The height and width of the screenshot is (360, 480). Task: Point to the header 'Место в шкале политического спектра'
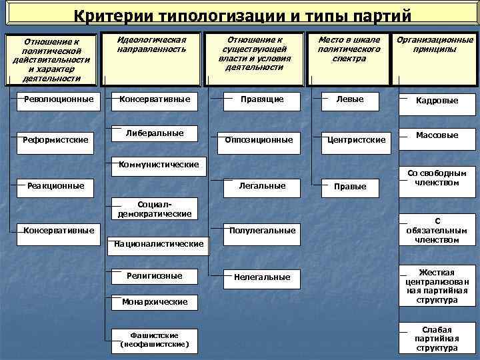[x=349, y=49]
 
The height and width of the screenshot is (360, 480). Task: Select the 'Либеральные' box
[x=155, y=133]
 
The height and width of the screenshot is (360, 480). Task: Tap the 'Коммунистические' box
[x=159, y=164]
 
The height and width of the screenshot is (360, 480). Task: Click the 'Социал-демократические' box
[x=155, y=209]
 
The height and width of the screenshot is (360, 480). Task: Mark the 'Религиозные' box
[x=155, y=275]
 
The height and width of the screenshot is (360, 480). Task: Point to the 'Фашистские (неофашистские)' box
[x=155, y=339]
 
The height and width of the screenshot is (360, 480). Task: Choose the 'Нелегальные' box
[x=262, y=277]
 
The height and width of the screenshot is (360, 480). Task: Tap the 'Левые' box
[x=350, y=99]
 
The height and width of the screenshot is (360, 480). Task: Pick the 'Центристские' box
[x=355, y=140]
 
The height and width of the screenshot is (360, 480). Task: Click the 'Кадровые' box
[x=437, y=101]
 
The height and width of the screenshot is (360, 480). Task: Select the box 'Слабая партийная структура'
[x=437, y=339]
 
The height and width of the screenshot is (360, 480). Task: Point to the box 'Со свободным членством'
[x=437, y=178]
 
